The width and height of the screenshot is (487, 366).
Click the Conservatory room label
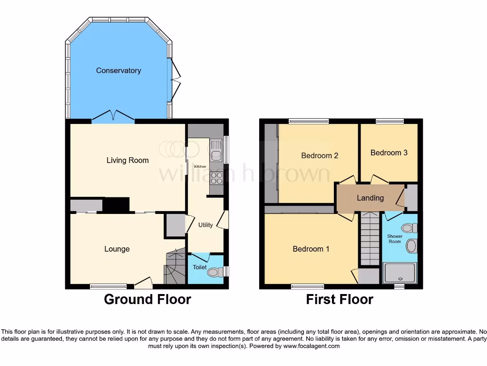pos(118,71)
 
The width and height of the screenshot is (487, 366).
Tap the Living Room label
pos(127,160)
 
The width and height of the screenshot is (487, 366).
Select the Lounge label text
pos(117,249)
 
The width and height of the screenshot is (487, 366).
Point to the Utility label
pos(205,225)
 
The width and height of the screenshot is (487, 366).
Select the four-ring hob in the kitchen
pos(216,178)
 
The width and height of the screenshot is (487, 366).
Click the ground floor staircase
pos(175,268)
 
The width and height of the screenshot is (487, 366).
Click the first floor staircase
pos(370,238)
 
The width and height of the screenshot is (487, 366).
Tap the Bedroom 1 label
pos(311,249)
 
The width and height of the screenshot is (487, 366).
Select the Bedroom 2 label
pos(320,155)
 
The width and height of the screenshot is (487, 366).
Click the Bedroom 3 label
pos(389,152)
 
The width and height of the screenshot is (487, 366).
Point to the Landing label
pos(370,198)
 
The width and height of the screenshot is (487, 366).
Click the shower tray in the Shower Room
pos(399,273)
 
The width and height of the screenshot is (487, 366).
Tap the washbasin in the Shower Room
pos(411,246)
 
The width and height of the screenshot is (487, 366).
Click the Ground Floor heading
pos(147,299)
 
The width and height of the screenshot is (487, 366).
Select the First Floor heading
pos(340,299)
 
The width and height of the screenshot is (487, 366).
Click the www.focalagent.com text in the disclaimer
pos(312,346)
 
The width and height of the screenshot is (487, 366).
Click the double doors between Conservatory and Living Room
pos(113,116)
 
